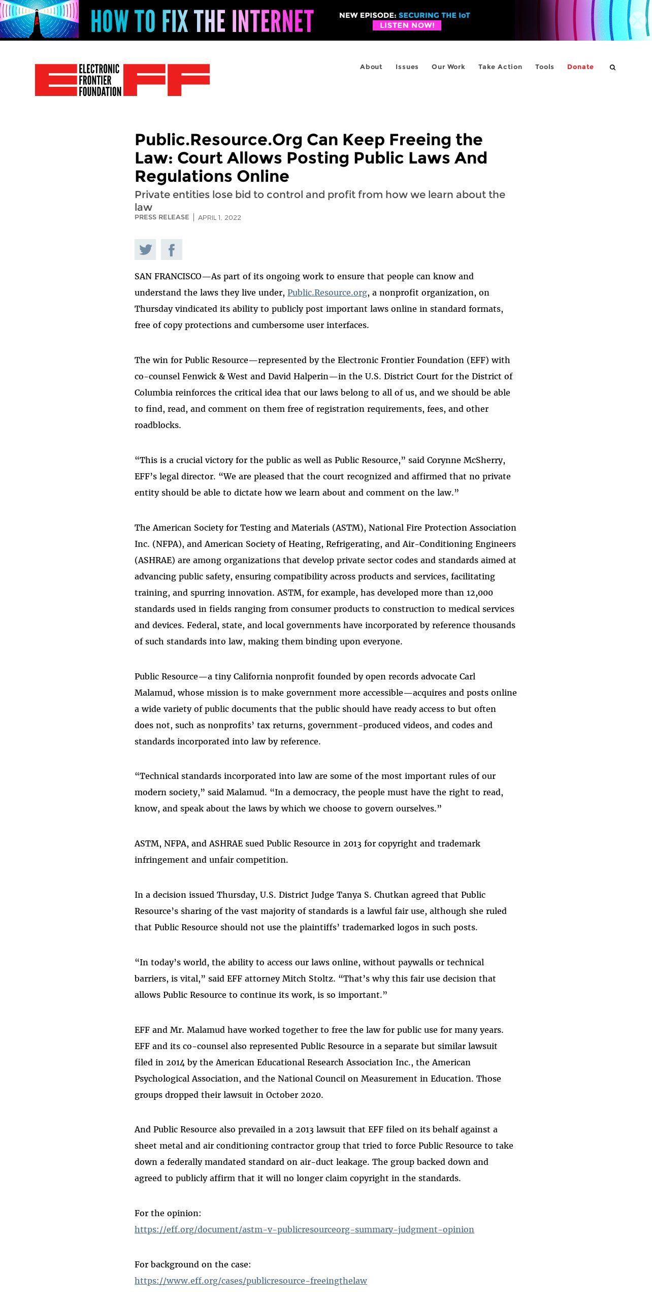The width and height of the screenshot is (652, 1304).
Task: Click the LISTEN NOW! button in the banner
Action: point(407,25)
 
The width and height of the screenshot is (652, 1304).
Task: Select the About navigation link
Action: point(371,67)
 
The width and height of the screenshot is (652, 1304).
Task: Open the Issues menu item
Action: point(407,67)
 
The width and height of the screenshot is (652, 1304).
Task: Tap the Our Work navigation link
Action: point(448,67)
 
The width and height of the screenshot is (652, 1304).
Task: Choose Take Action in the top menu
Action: point(500,67)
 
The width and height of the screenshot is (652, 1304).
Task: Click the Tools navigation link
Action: point(544,67)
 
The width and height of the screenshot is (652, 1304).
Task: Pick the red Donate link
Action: point(580,67)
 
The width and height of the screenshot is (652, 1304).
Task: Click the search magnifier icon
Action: point(612,67)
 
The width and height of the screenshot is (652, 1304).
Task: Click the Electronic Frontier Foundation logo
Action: point(122,80)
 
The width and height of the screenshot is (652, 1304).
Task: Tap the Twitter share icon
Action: point(145,249)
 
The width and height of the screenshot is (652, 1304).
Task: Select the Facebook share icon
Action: point(172,249)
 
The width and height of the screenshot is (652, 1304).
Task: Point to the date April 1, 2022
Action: point(219,218)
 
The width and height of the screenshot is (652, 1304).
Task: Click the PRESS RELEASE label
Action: point(161,217)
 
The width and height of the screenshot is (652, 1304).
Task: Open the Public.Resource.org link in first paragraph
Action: point(327,292)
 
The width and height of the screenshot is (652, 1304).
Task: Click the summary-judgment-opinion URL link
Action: point(304,1229)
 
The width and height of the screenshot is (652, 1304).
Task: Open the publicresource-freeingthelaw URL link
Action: point(250,1281)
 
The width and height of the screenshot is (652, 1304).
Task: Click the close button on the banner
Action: point(638,20)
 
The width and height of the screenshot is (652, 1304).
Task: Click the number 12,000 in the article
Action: point(479,593)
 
